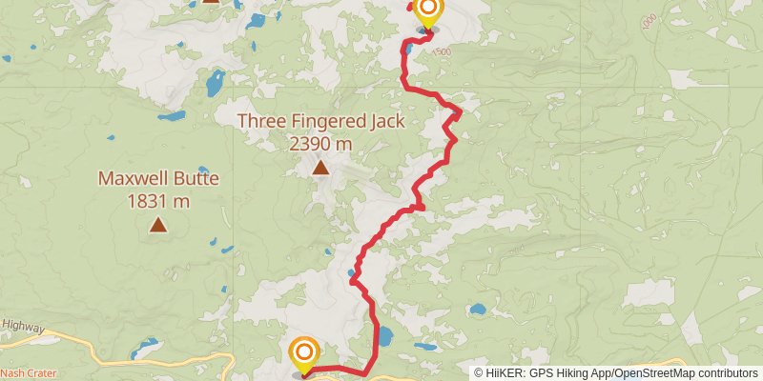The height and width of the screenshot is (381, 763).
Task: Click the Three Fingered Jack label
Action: [321, 121]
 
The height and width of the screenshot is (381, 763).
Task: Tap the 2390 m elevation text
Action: [321, 143]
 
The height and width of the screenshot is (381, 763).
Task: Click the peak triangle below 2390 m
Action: [321, 170]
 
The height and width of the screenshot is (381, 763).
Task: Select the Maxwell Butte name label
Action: [158, 178]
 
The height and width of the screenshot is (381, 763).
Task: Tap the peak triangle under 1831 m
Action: [158, 226]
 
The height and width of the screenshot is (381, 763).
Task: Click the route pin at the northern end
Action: [427, 11]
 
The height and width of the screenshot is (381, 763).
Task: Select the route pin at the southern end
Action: [304, 354]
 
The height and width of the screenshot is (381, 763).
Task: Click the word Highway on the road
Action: [23, 327]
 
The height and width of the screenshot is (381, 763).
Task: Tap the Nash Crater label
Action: [27, 371]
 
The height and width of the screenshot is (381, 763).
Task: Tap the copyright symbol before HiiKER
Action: [480, 372]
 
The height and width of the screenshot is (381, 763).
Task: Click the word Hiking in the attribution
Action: [566, 372]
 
